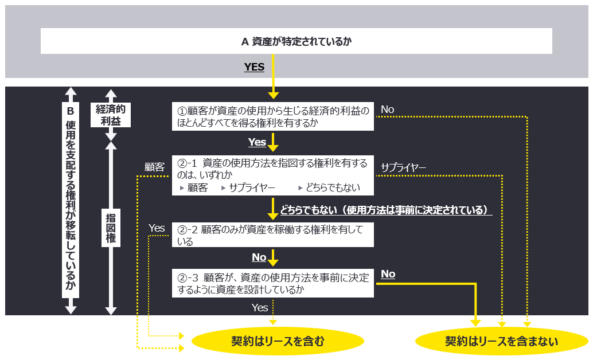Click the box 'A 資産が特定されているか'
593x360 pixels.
point(296,41)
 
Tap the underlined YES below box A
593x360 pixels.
point(254,67)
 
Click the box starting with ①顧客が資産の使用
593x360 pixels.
point(273,116)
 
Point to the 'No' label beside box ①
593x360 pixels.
point(388,109)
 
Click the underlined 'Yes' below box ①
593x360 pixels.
point(257,142)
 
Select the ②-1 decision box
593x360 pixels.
point(273,175)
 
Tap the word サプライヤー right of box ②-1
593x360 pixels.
point(403,167)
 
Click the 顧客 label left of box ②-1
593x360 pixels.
point(154,167)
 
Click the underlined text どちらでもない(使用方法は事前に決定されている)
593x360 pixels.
point(386,210)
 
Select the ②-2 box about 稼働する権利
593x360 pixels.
point(273,235)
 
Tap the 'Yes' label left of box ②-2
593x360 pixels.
point(157,228)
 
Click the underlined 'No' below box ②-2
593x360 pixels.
point(259,257)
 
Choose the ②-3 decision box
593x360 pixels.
point(273,283)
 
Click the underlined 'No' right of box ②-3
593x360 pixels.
point(388,274)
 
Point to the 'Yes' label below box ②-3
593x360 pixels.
point(260,308)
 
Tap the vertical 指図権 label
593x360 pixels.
point(111,228)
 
